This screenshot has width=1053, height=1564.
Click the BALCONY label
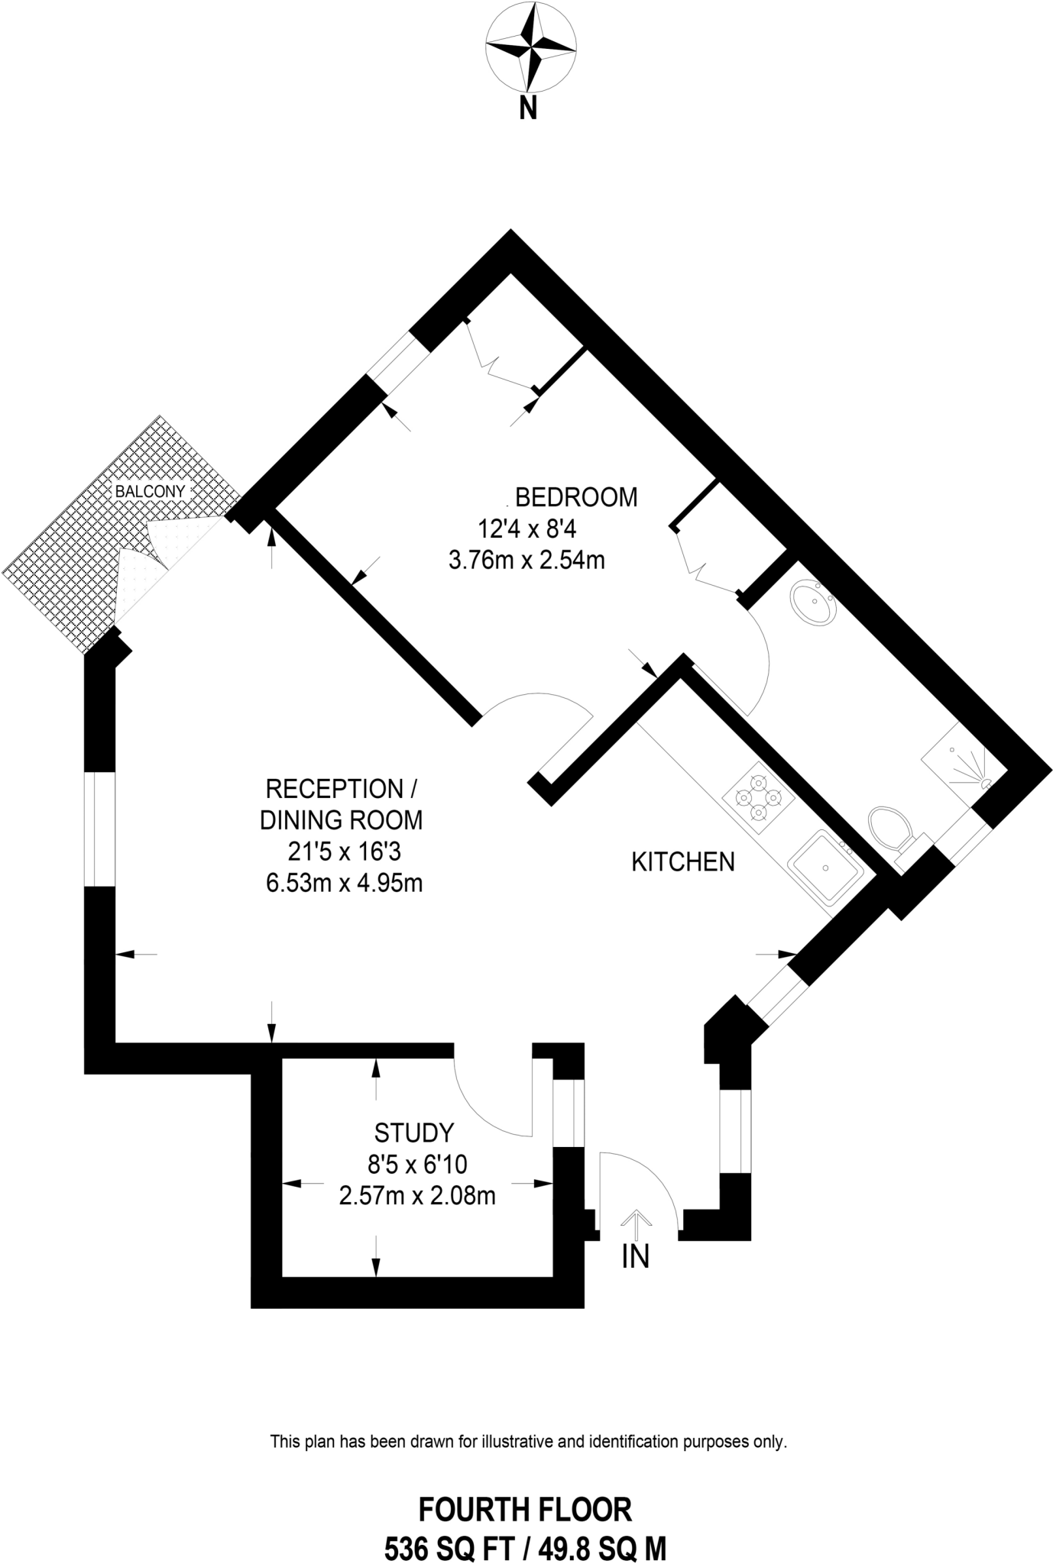(x=150, y=491)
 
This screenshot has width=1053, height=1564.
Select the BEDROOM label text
(x=576, y=497)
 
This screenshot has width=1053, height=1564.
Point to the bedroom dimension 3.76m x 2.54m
(x=526, y=561)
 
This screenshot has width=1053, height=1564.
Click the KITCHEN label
(x=682, y=862)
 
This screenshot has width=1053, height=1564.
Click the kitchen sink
(x=826, y=868)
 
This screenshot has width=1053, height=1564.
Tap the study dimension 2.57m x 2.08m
(x=417, y=1195)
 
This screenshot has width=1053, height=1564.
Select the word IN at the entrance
(x=635, y=1256)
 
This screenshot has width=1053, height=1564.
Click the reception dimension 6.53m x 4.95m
(x=345, y=884)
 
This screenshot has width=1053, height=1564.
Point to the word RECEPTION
(x=334, y=788)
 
